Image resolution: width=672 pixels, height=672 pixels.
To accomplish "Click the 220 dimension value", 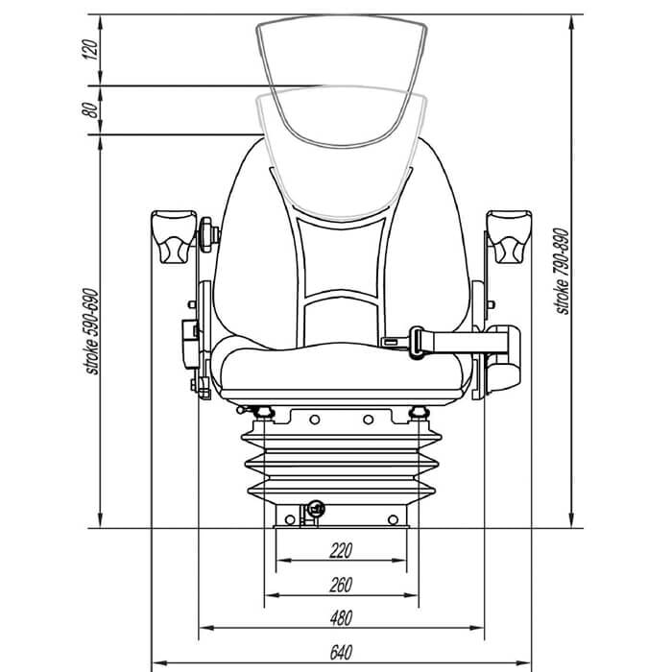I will coord(341,550).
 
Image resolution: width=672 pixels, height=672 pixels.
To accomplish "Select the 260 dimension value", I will coord(341,584).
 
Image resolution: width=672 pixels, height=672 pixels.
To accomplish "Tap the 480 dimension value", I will coord(341,617).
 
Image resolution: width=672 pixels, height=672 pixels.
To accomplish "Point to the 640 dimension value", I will coord(341,652).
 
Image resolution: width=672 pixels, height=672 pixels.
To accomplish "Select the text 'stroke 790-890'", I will coord(563,271).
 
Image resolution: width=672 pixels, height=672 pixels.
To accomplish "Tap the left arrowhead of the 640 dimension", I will coord(157,663).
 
